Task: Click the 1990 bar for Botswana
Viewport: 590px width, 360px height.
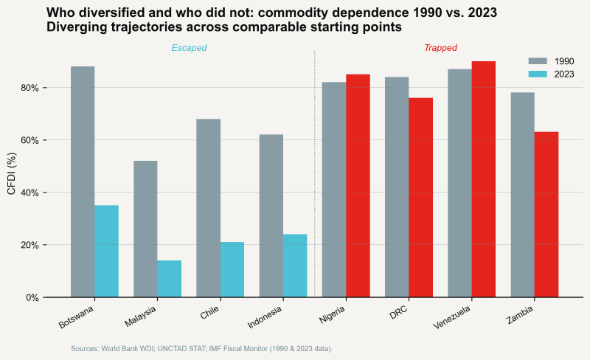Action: (x=83, y=181)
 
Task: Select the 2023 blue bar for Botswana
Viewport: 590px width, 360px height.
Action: (x=106, y=251)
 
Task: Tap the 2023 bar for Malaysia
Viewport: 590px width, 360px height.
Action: (x=169, y=279)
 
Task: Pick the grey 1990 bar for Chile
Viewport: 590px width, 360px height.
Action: (x=208, y=208)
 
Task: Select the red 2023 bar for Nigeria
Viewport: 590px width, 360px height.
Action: (x=358, y=186)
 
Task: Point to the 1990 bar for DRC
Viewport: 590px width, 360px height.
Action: (x=397, y=187)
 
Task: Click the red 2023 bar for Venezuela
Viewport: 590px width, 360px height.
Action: (x=483, y=179)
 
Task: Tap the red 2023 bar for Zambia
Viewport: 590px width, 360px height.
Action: (x=546, y=215)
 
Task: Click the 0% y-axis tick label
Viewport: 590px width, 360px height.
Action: (x=32, y=298)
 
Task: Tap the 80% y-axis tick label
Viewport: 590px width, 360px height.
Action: (x=29, y=88)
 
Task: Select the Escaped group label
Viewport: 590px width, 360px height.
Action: (x=189, y=48)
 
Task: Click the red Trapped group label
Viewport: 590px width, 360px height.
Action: (x=440, y=48)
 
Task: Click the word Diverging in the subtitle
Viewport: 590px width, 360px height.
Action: (x=76, y=27)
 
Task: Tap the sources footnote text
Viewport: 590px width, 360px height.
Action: (x=201, y=348)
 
